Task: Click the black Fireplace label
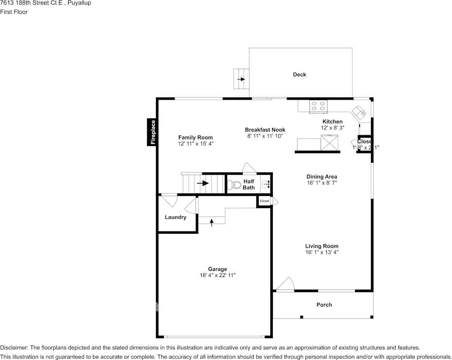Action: tap(153, 132)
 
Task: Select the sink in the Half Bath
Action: tap(265, 185)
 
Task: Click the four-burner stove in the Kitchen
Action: tap(318, 106)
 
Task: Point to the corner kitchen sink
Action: tap(359, 112)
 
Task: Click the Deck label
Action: tap(299, 75)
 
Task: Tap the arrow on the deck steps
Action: tap(241, 79)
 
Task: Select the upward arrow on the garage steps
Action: tap(212, 221)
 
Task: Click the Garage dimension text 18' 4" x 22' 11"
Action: tap(217, 275)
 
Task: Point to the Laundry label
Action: tap(175, 217)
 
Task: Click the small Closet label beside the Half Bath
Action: tap(264, 201)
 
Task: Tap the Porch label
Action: tap(324, 304)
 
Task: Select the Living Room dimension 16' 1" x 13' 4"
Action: tap(321, 252)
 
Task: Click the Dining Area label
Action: tap(321, 177)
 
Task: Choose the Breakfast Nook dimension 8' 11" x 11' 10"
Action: tap(265, 136)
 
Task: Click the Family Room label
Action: tap(196, 137)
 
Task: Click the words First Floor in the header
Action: tap(14, 12)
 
